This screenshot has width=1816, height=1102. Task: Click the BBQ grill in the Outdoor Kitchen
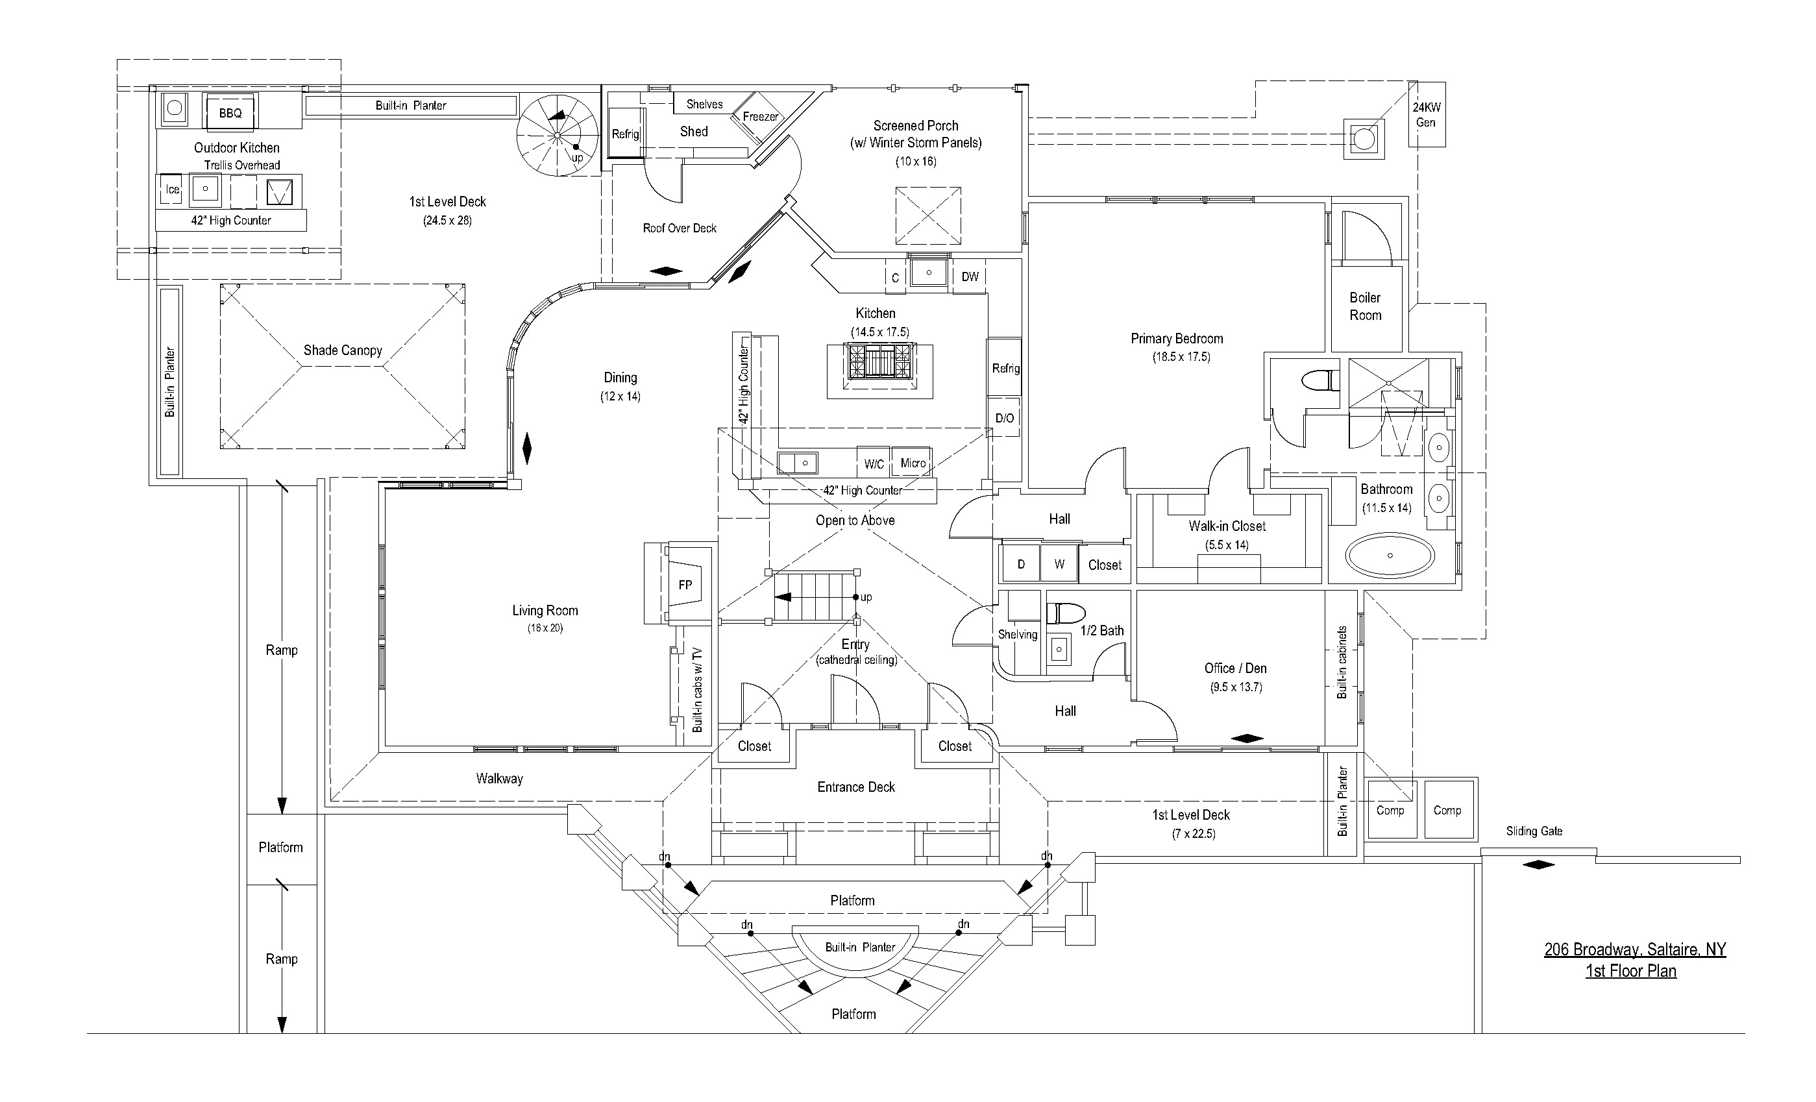[230, 112]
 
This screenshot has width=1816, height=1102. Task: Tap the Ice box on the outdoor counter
[172, 190]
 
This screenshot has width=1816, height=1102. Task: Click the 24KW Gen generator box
[1426, 114]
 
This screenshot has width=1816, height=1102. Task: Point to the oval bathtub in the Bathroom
[1390, 555]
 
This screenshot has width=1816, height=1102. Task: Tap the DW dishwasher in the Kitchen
[969, 276]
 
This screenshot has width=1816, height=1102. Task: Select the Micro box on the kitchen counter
[913, 462]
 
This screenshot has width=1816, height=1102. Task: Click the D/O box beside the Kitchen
[1005, 418]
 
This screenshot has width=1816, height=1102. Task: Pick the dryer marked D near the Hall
[1021, 564]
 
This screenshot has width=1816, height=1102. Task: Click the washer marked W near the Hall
[1059, 564]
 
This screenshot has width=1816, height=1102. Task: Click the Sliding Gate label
[1534, 831]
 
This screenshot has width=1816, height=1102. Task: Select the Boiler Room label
[1365, 306]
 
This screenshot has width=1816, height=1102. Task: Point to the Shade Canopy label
[343, 350]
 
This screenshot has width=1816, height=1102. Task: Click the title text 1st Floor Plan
[1631, 971]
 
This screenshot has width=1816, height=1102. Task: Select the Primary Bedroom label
[1177, 339]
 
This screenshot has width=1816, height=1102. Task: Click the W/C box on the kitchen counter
[874, 463]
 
